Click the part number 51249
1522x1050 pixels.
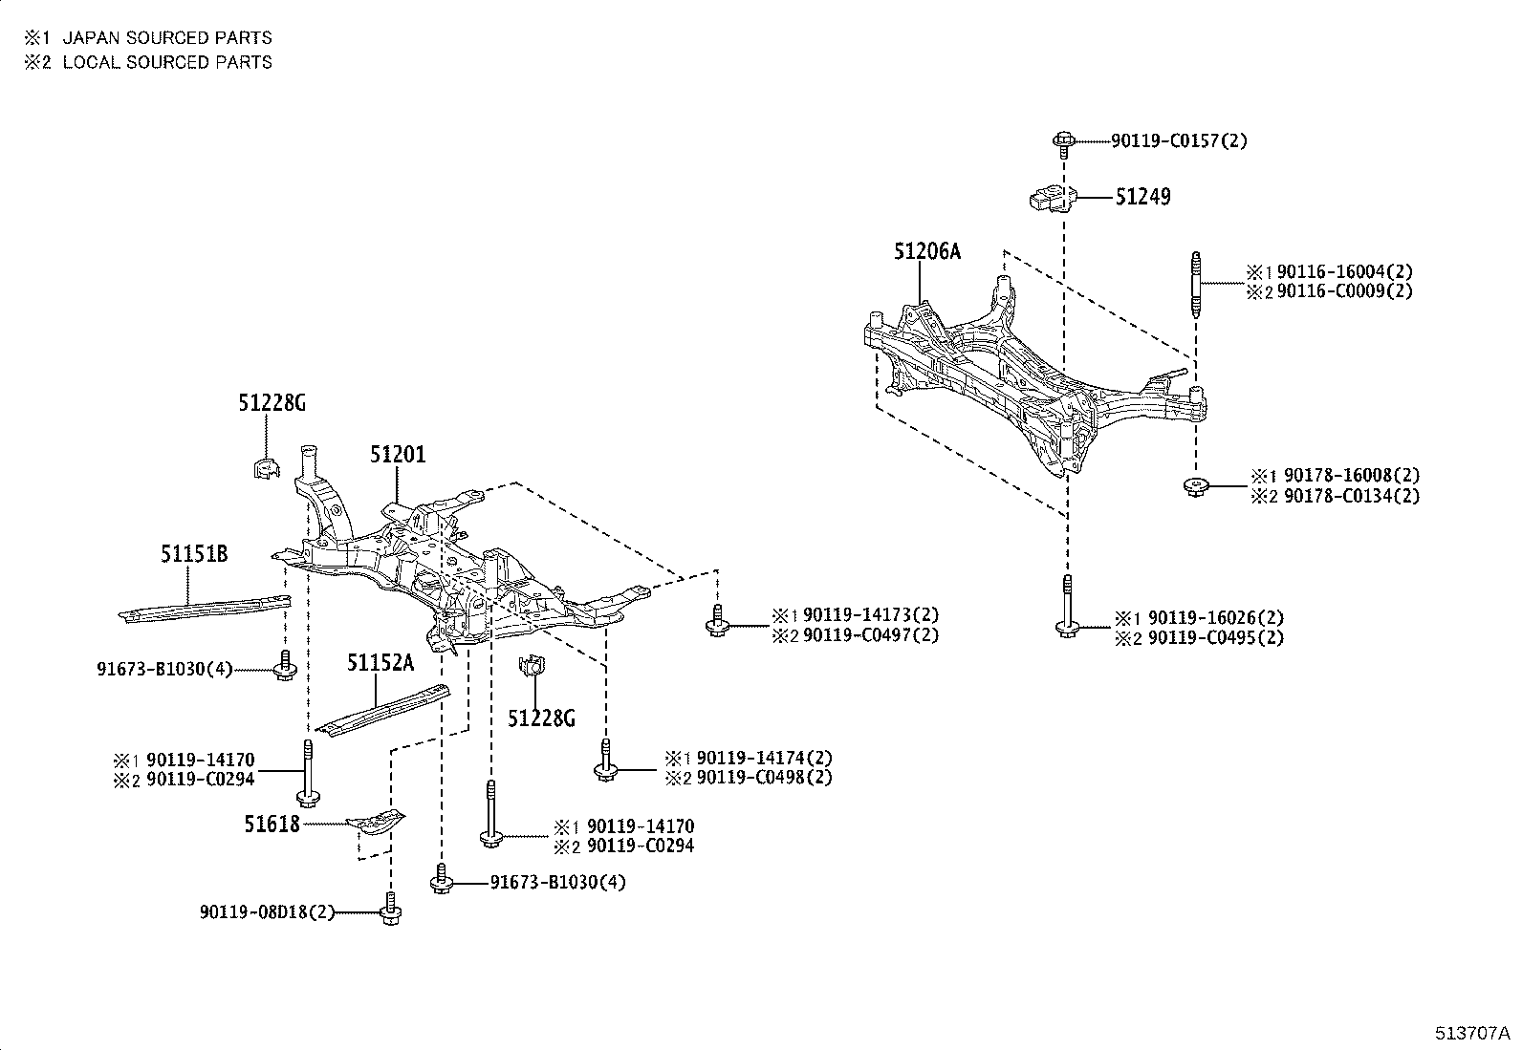(x=1142, y=197)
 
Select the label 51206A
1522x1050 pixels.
(x=926, y=252)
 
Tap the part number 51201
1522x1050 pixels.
(x=398, y=456)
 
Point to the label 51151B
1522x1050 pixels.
(x=194, y=554)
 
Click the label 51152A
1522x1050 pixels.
(x=380, y=663)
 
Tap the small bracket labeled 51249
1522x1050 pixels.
(x=1051, y=198)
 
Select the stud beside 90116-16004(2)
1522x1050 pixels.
(x=1195, y=284)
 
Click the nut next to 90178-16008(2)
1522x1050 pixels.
(x=1195, y=486)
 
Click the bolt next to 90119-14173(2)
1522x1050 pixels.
(x=717, y=621)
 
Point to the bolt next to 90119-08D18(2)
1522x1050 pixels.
(x=389, y=910)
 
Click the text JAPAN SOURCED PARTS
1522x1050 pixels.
(x=167, y=38)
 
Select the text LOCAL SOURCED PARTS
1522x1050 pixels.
(x=167, y=62)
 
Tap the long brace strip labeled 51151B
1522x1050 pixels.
(x=206, y=607)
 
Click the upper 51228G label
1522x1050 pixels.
(x=272, y=404)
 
